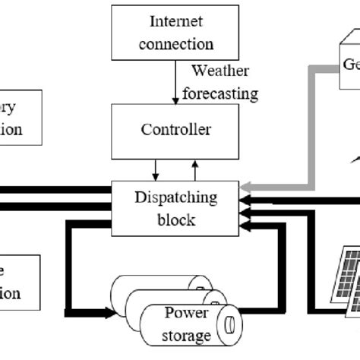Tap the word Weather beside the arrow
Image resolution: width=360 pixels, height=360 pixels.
tap(219, 71)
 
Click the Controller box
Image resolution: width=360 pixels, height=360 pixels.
tap(176, 130)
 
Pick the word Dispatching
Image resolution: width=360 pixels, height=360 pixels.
tap(176, 197)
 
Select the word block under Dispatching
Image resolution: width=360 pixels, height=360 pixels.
tap(176, 219)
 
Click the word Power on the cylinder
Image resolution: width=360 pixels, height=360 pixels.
tap(186, 313)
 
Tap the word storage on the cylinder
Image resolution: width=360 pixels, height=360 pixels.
tap(186, 335)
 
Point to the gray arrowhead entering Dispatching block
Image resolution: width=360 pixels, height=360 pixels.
tap(245, 188)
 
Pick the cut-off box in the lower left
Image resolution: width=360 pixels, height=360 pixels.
tap(20, 282)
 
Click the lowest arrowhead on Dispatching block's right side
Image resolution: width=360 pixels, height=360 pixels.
tap(245, 222)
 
